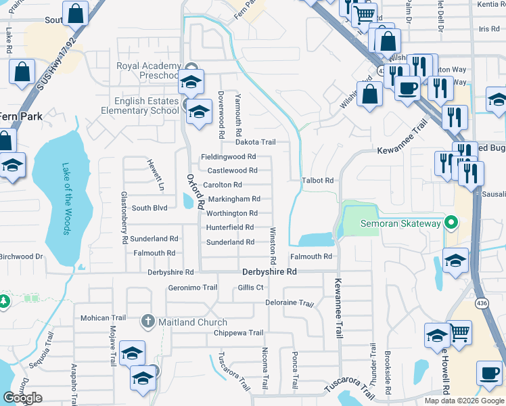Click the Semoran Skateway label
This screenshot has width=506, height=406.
400,223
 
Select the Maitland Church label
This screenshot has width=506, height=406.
193,322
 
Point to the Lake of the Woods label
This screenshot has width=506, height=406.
66,200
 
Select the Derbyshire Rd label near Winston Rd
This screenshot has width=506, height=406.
269,272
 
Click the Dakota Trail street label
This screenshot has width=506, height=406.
255,142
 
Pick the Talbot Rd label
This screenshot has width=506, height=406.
318,181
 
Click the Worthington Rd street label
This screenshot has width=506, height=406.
231,213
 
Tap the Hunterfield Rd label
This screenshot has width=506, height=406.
230,227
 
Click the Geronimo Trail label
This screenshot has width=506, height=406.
192,288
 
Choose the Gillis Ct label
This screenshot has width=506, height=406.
250,288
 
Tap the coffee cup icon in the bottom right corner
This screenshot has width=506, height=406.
489,373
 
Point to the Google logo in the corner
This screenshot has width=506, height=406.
22,398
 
